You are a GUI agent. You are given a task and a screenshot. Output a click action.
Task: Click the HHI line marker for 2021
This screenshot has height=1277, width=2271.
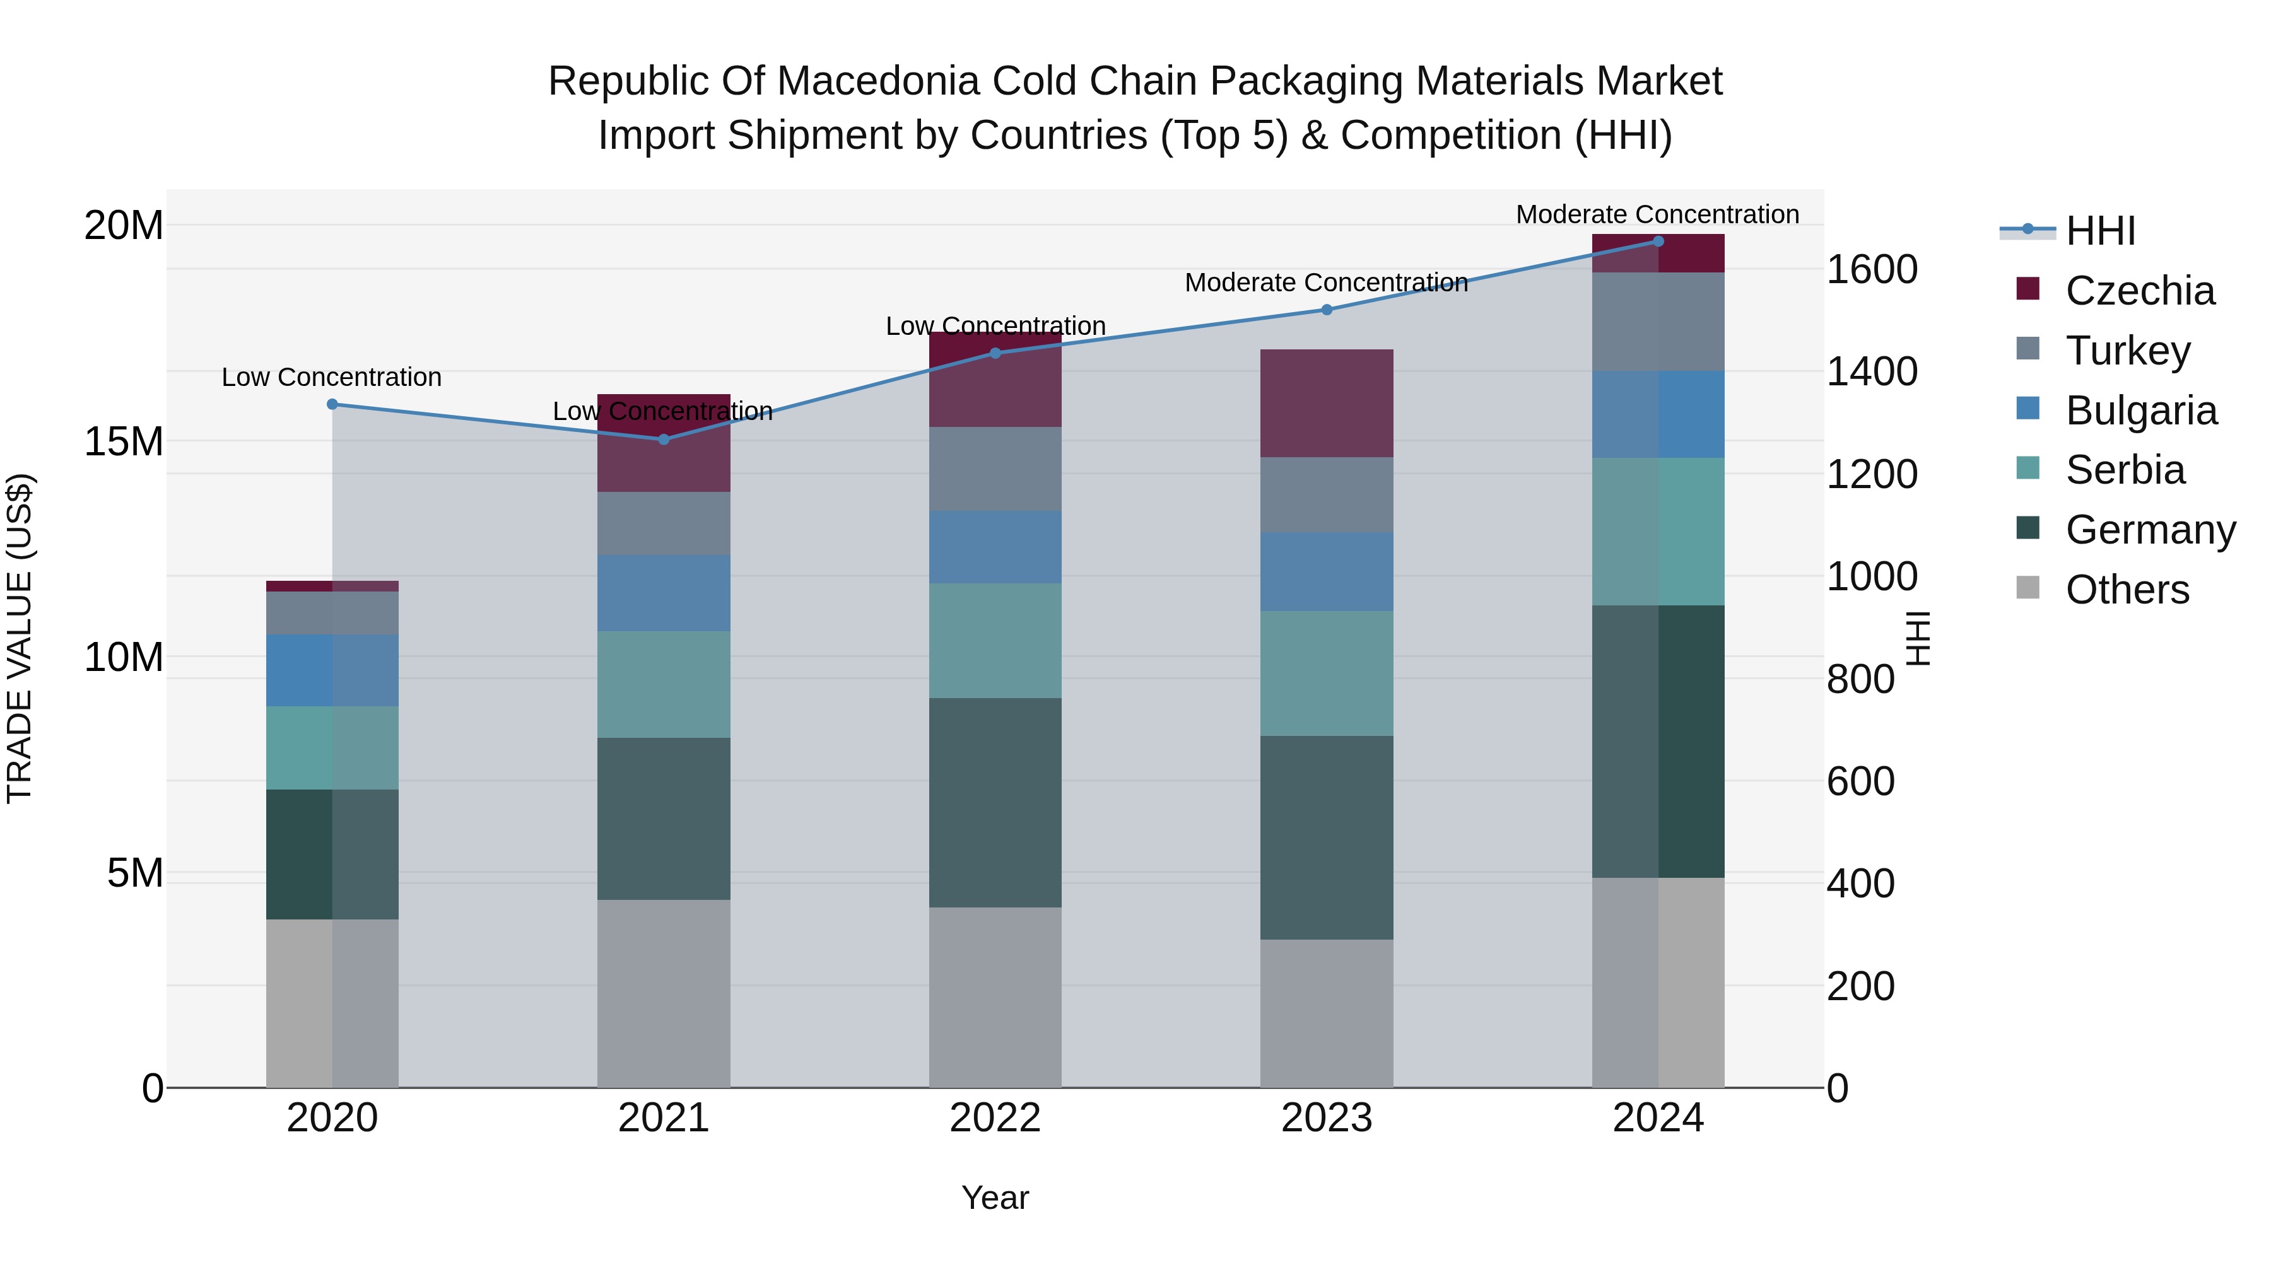pos(664,439)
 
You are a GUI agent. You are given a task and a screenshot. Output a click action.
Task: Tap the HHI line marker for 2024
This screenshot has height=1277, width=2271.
pos(1657,242)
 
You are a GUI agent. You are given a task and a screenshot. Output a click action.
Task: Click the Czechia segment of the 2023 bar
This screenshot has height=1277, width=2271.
pos(1326,403)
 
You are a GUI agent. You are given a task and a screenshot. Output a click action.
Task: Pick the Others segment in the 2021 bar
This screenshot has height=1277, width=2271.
pos(664,993)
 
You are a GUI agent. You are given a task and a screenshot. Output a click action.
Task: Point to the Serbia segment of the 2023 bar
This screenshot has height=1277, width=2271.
pos(1326,673)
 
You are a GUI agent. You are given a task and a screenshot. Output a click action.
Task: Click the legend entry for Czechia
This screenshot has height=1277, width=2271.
pos(2140,291)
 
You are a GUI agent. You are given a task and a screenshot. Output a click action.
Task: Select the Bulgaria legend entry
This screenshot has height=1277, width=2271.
pos(2140,411)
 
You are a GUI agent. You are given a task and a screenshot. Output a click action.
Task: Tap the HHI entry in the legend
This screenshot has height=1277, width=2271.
pos(2100,231)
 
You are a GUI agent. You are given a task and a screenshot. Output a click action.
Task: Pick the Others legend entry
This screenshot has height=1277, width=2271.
pos(2127,590)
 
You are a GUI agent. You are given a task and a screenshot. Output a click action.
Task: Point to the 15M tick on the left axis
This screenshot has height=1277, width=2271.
pos(124,441)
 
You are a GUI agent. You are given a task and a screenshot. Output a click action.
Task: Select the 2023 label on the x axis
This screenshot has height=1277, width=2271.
pos(1326,1118)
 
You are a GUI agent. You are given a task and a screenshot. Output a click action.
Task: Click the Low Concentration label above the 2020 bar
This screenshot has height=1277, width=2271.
pos(331,377)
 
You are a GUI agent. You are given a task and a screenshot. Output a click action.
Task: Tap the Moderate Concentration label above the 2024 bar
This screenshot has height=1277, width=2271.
pos(1657,214)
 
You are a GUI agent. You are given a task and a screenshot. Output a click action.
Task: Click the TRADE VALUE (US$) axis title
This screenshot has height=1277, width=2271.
pos(20,638)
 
